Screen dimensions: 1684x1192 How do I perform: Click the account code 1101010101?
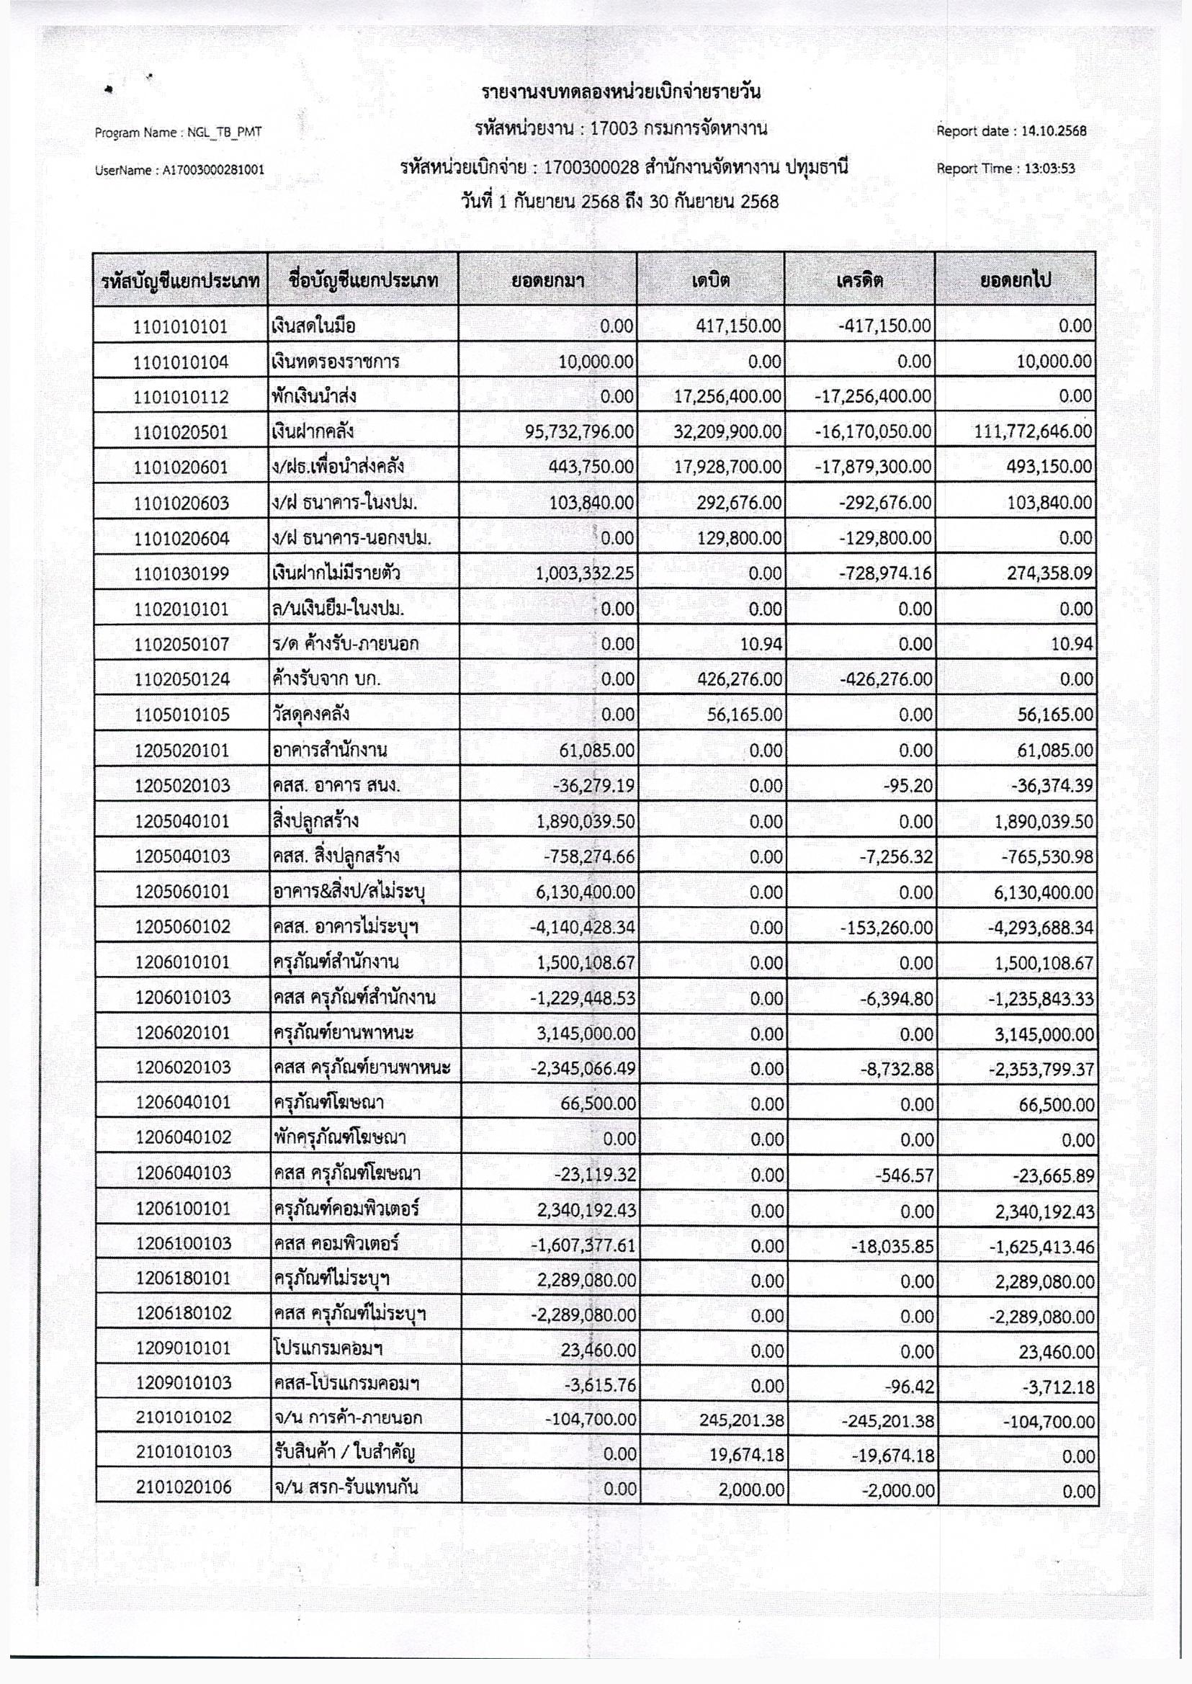181,327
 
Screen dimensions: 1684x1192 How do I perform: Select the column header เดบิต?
710,279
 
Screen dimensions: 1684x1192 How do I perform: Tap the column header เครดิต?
859,279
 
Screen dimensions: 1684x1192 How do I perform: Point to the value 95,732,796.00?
579,432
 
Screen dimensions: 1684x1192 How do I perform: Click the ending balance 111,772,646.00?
1033,432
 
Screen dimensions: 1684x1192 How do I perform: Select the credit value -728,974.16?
886,573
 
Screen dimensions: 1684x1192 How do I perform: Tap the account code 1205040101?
181,820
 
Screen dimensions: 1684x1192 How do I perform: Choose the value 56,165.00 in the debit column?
740,715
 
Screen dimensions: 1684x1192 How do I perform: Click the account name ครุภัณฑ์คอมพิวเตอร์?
346,1209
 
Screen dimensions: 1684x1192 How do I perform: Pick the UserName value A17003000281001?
213,170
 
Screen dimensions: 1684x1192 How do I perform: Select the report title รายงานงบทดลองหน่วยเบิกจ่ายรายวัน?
621,93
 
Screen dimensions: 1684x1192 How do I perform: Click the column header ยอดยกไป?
1016,279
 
